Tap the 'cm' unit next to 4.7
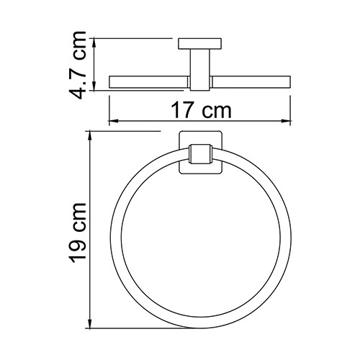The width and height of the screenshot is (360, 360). pos(83,45)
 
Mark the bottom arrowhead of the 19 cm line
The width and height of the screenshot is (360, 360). pos(89,322)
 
